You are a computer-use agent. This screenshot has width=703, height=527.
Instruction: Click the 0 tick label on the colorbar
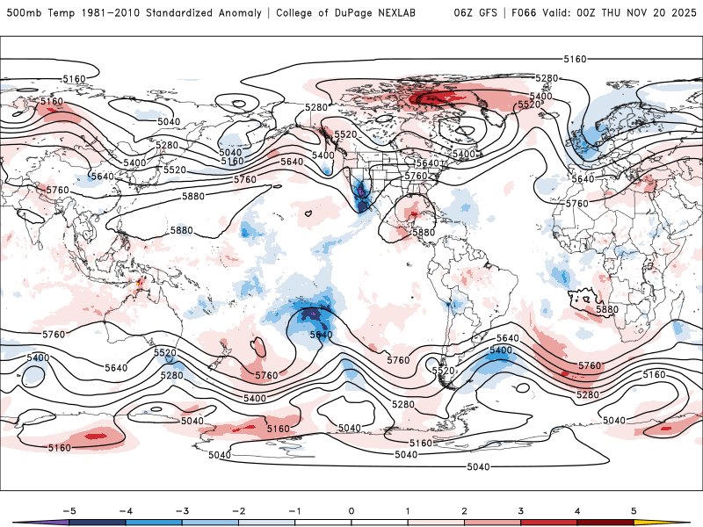pyautogui.click(x=351, y=509)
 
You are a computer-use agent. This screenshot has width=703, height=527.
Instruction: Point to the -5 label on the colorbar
pyautogui.click(x=68, y=509)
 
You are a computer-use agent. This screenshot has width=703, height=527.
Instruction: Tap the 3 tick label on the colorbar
pyautogui.click(x=521, y=509)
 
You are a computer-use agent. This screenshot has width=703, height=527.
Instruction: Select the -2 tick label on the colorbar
pyautogui.click(x=238, y=509)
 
